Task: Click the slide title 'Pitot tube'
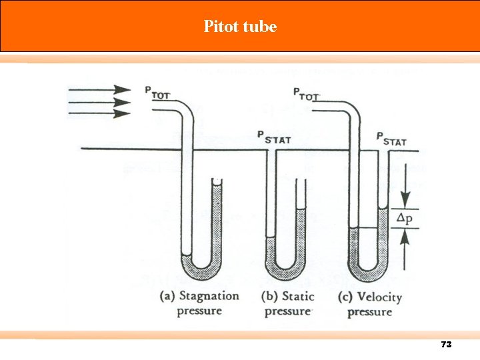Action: [240, 27]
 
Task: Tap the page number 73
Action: [446, 345]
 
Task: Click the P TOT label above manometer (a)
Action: [157, 93]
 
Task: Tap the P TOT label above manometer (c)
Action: [306, 93]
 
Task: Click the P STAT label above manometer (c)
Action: [391, 139]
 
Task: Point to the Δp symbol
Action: [405, 218]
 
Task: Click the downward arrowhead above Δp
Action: [405, 202]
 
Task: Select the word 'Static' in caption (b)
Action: [298, 296]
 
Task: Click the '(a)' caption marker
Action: [168, 296]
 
